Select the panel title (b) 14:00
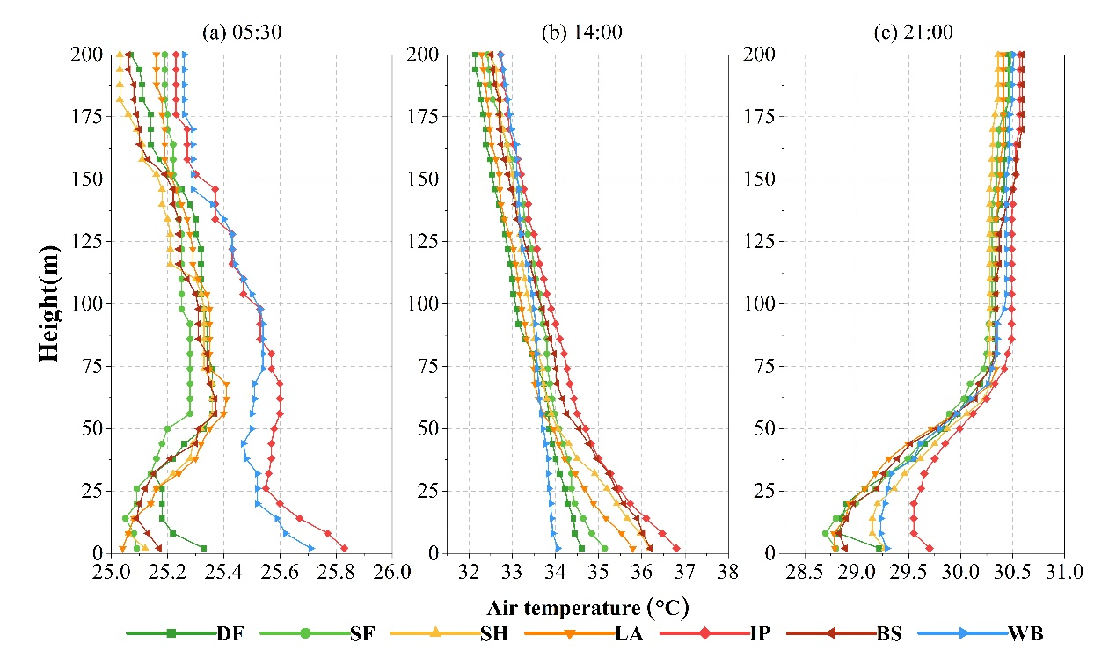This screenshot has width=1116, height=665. pyautogui.click(x=582, y=33)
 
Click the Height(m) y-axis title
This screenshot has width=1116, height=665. pyautogui.click(x=52, y=303)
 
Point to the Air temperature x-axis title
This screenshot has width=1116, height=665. pyautogui.click(x=587, y=608)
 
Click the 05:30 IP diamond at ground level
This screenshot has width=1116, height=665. pyautogui.click(x=344, y=549)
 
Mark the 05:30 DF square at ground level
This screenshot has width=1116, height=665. pyautogui.click(x=204, y=549)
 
